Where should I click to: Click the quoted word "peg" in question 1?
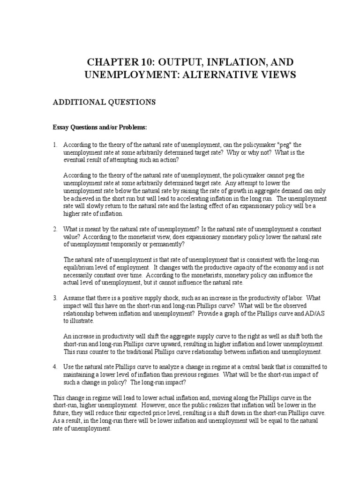[x=281, y=144]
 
